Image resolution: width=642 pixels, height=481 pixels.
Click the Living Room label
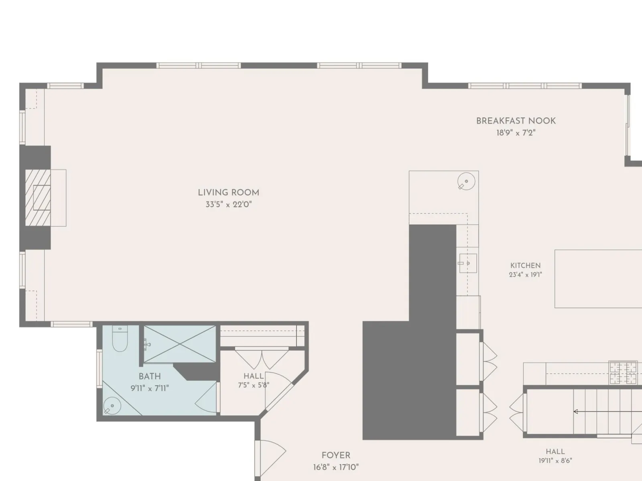(x=228, y=193)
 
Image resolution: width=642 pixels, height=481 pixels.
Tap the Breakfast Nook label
(x=516, y=121)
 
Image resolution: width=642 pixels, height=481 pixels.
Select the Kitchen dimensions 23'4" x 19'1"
(x=525, y=275)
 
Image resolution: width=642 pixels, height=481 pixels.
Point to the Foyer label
(x=336, y=455)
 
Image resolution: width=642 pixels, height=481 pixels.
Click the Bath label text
(x=150, y=376)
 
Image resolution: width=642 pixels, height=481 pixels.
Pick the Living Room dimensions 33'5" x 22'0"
(x=228, y=204)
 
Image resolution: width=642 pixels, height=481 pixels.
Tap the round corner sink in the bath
(x=112, y=406)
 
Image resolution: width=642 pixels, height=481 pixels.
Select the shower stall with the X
(x=180, y=344)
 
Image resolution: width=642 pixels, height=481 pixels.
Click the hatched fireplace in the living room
(x=38, y=198)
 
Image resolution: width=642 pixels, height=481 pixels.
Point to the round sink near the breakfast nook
(x=466, y=181)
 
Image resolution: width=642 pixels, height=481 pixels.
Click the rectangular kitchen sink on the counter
(x=468, y=263)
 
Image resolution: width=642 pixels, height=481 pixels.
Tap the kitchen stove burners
(x=623, y=373)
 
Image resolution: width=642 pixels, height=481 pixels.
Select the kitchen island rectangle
(x=598, y=279)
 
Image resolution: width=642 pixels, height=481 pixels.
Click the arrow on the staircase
(x=608, y=412)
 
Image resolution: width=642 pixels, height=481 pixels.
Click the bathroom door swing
(x=207, y=397)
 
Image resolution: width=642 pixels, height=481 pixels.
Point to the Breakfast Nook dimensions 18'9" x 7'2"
(x=516, y=133)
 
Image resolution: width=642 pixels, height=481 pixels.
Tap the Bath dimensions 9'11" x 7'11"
(x=150, y=388)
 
